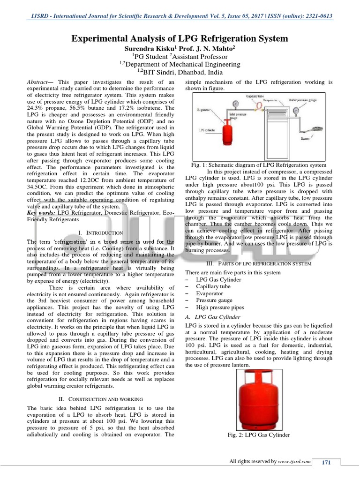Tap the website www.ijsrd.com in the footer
[295, 462]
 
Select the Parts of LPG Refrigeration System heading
[259, 264]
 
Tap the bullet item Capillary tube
[213, 286]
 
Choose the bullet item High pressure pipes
[220, 307]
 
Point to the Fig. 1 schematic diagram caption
[259, 165]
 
